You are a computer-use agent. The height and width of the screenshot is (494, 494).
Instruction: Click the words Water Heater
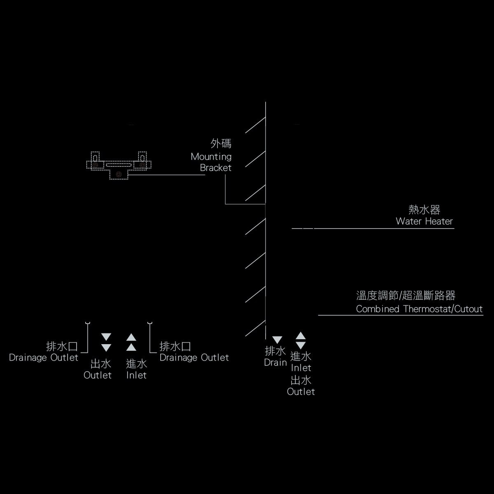point(424,221)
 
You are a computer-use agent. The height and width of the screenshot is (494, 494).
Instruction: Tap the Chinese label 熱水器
point(424,210)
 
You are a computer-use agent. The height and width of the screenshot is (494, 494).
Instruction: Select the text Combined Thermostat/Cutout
point(419,309)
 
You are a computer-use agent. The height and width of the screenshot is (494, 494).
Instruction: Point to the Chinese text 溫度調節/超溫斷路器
point(406,296)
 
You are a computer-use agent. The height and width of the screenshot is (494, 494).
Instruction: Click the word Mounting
point(211,157)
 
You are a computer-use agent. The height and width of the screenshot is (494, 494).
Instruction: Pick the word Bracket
point(216,168)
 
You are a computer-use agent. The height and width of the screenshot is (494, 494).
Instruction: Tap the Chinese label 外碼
point(221,144)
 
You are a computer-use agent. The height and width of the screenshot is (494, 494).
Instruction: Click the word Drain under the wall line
point(275,363)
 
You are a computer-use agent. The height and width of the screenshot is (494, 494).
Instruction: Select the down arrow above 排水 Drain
point(277,340)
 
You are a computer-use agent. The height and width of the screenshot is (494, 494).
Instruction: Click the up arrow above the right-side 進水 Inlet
point(301,336)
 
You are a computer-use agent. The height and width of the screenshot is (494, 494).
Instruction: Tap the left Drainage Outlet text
point(43,357)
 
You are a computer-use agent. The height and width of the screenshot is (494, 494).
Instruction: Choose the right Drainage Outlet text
point(194,357)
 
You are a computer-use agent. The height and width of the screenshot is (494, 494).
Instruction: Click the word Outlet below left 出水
point(98,375)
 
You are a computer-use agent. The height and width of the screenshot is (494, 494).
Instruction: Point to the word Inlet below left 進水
point(136,375)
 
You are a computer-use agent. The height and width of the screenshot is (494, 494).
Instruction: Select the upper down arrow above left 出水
point(106,337)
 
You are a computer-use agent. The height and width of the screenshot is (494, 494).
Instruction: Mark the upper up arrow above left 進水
point(131,337)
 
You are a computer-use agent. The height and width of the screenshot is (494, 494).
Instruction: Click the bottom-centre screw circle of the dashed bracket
point(119,174)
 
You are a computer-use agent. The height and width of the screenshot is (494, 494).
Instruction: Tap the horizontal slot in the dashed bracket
point(119,165)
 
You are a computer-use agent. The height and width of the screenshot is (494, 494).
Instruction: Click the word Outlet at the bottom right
point(301,392)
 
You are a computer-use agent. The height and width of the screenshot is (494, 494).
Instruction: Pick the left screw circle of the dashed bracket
point(95,165)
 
